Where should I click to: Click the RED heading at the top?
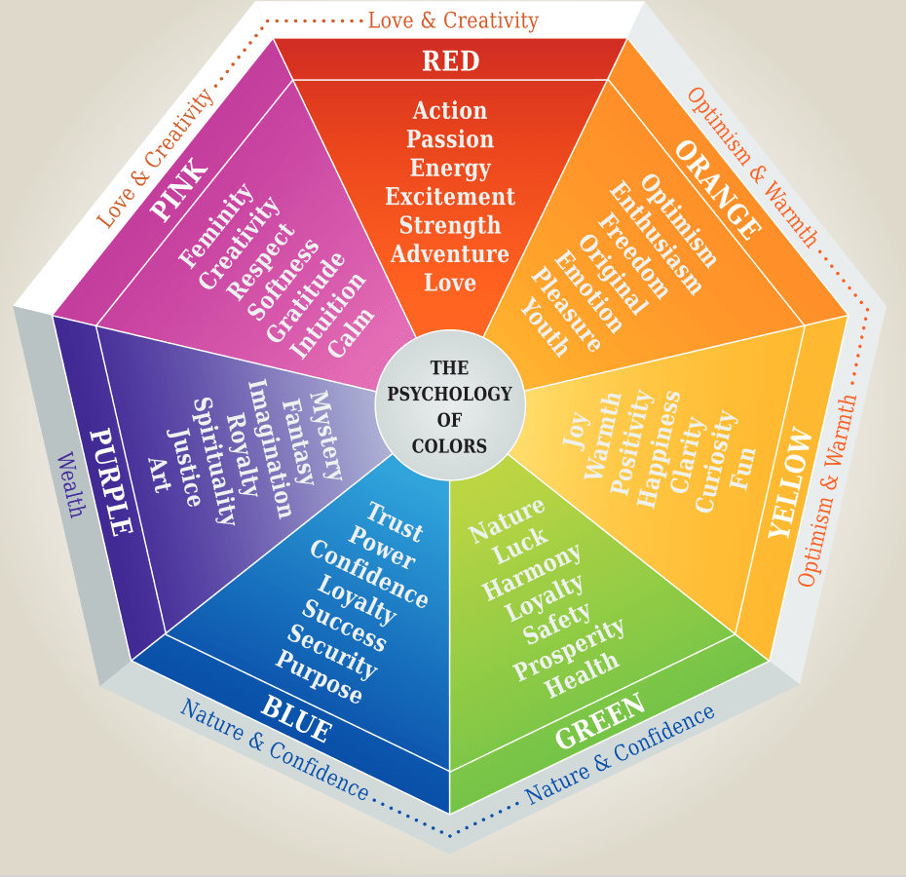pyautogui.click(x=451, y=60)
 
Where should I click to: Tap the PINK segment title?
pyautogui.click(x=178, y=189)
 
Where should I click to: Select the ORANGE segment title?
pyautogui.click(x=718, y=190)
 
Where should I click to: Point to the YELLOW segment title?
pyautogui.click(x=789, y=482)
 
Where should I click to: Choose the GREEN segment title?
pyautogui.click(x=600, y=720)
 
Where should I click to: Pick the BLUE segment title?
pyautogui.click(x=296, y=718)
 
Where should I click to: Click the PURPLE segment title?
pyautogui.click(x=111, y=481)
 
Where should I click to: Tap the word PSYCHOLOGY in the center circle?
pyautogui.click(x=449, y=394)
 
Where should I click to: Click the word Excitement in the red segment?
pyautogui.click(x=450, y=197)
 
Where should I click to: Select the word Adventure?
pyautogui.click(x=449, y=253)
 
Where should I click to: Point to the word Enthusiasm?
pyautogui.click(x=656, y=238)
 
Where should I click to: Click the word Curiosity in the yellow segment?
pyautogui.click(x=716, y=461)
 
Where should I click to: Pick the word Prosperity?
pyautogui.click(x=569, y=649)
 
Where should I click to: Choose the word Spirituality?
pyautogui.click(x=213, y=461)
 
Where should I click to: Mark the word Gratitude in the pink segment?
pyautogui.click(x=306, y=296)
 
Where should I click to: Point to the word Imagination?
pyautogui.click(x=270, y=448)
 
